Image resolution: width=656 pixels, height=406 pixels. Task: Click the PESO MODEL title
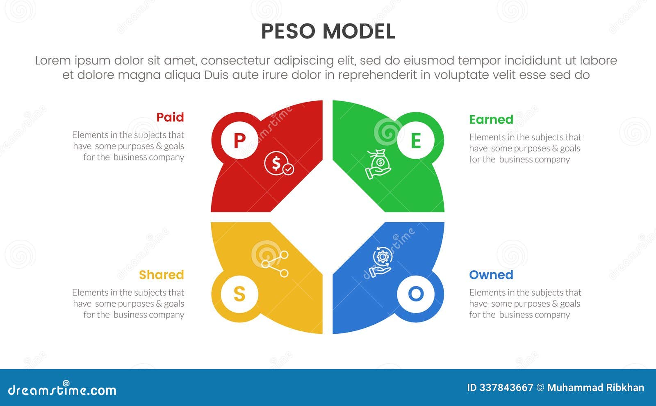[328, 32]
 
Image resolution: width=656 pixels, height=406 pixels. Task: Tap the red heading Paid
[170, 117]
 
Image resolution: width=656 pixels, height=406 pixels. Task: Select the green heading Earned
[491, 119]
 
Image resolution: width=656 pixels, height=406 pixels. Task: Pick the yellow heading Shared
[161, 275]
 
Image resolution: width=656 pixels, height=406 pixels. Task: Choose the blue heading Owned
[491, 275]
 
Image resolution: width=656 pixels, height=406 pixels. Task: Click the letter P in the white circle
[239, 141]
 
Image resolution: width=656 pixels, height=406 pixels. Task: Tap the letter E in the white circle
[416, 141]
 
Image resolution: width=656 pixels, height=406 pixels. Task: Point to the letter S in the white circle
[239, 294]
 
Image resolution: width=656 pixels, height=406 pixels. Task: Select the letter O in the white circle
[416, 294]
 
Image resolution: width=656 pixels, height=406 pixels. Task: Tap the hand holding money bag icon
[378, 164]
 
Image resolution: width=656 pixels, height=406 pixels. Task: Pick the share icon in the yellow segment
[275, 264]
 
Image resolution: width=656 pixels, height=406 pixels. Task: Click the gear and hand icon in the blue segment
[381, 262]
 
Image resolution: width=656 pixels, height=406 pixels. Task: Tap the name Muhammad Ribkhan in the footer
[595, 388]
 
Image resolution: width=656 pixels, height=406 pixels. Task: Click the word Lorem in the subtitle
[52, 61]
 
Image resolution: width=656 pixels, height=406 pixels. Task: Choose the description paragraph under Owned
[525, 303]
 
